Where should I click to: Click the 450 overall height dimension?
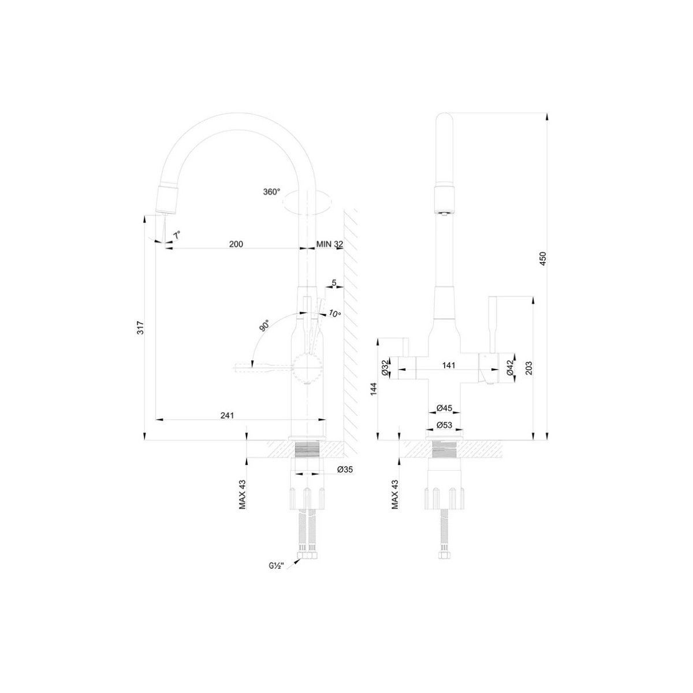click(x=543, y=258)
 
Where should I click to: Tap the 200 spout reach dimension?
click(x=236, y=244)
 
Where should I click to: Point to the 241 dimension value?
click(x=227, y=415)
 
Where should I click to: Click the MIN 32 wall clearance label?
click(x=329, y=244)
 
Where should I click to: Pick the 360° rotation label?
click(x=271, y=192)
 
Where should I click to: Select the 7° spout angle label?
click(x=177, y=236)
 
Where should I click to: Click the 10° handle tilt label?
click(x=334, y=314)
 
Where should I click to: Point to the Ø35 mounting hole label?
click(x=345, y=470)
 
